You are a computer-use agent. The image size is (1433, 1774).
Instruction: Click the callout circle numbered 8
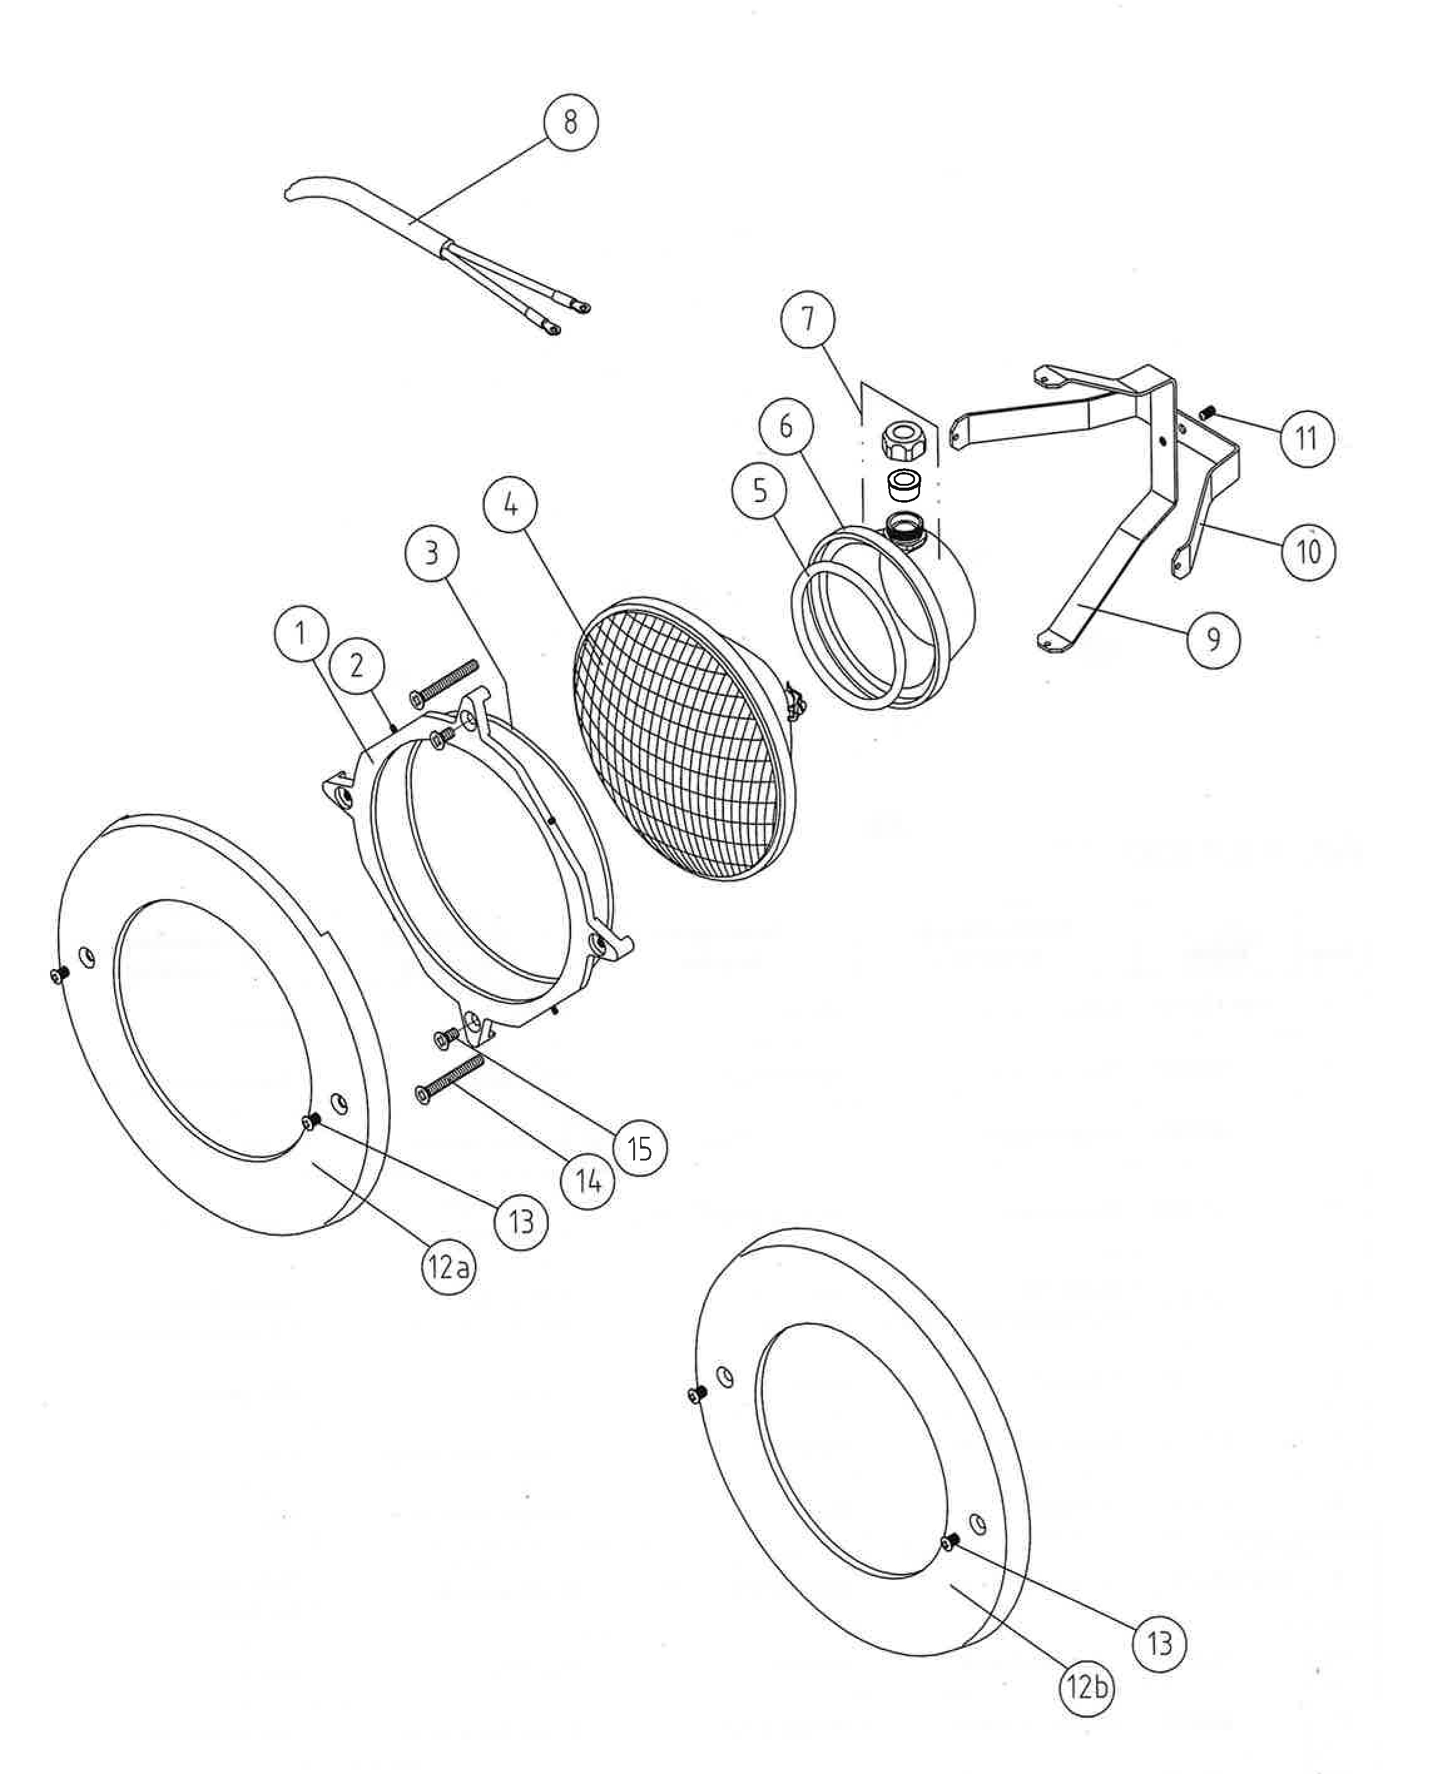tap(571, 123)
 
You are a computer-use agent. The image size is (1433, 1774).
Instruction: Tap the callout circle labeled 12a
tap(449, 1266)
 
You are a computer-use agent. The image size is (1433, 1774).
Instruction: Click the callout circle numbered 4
tap(512, 504)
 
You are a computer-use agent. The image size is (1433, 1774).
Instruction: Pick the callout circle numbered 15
tap(639, 1148)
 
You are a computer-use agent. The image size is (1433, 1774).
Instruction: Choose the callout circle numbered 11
tap(1306, 438)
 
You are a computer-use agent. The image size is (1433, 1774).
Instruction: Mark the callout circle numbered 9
tap(1213, 638)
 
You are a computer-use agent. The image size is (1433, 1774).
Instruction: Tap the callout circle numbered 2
tap(356, 665)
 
